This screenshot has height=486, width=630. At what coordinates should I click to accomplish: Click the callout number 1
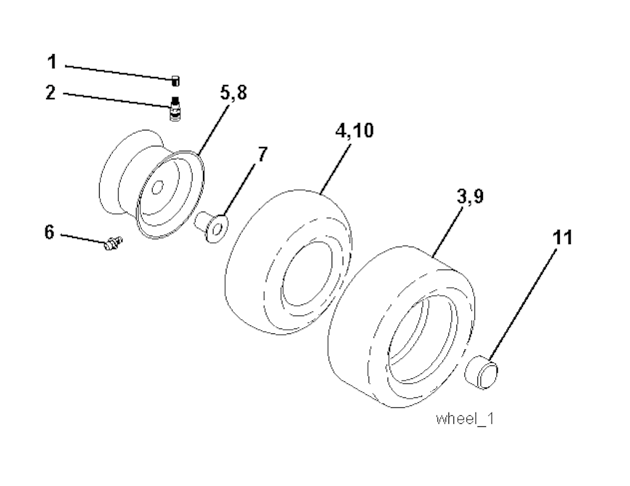[x=52, y=62]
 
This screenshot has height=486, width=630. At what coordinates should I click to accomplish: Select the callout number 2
[x=51, y=93]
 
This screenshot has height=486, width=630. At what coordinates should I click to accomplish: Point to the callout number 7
[x=262, y=154]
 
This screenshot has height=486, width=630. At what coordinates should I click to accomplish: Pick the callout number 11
[x=562, y=236]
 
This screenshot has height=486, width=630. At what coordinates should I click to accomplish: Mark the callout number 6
[x=50, y=233]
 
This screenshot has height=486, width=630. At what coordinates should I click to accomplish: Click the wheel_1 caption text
[x=465, y=420]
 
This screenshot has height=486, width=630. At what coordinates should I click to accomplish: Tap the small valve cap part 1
[x=175, y=80]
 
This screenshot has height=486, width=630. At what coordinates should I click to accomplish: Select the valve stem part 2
[x=175, y=109]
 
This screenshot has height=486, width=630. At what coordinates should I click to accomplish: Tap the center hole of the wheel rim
[x=158, y=187]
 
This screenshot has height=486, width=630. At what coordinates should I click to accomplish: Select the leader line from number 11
[x=523, y=301]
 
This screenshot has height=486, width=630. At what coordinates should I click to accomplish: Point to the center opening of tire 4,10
[x=308, y=271]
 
